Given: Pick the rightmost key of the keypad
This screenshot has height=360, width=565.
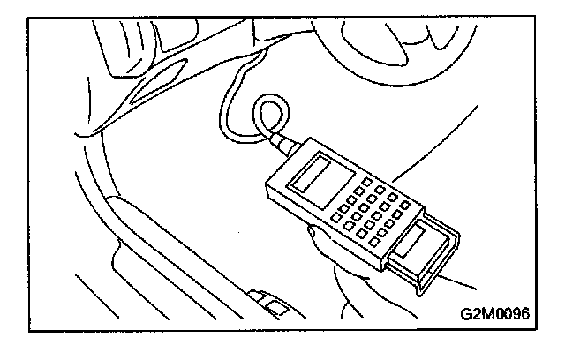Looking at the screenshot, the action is pos(405,206).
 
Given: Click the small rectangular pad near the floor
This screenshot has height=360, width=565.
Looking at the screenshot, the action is pos(275,308).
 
